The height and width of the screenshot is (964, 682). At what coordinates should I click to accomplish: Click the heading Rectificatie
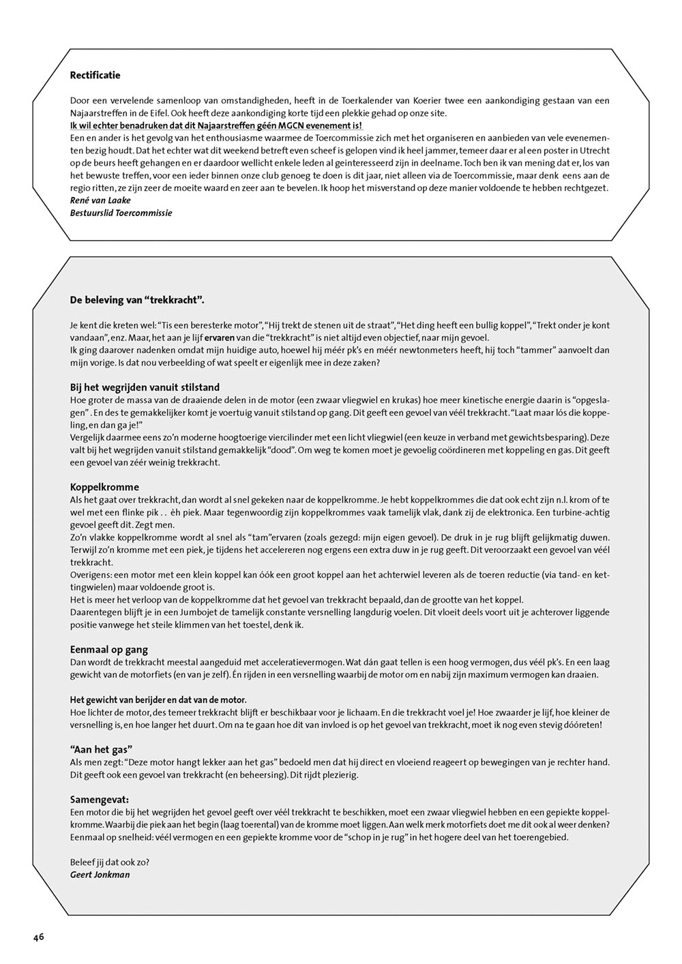coord(95,76)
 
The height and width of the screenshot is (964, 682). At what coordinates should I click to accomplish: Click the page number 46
coord(38,937)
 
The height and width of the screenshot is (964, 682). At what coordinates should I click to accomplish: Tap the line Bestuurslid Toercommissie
coord(121,213)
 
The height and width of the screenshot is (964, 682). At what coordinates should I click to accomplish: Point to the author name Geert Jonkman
coord(100,875)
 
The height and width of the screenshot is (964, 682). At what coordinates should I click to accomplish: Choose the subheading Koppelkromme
coord(104,487)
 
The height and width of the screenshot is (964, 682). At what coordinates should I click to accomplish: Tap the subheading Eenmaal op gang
coord(109,650)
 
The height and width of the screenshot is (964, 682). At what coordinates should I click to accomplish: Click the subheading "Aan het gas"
coord(101,749)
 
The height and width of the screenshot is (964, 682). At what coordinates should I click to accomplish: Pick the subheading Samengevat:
coord(100,799)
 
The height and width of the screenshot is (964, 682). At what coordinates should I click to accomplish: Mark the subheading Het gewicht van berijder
coord(158,700)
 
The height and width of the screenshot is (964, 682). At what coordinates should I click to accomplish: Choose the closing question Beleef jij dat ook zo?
coord(110,862)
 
